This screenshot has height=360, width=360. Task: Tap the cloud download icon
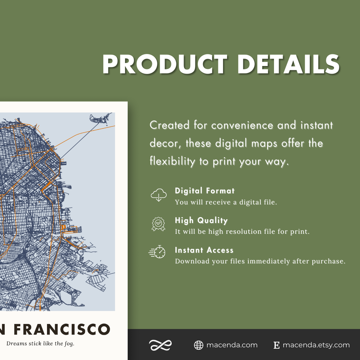click(x=158, y=195)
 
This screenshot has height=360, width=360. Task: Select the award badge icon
click(x=158, y=224)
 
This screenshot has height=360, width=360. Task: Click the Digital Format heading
click(x=205, y=191)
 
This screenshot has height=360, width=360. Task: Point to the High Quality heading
click(x=201, y=221)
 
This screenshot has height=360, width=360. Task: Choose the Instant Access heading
click(x=204, y=250)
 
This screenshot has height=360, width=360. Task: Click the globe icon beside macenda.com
click(x=199, y=345)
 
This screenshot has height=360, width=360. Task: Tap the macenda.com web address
click(x=232, y=345)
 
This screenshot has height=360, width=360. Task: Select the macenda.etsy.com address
click(x=316, y=345)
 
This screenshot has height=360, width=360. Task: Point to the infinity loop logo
click(x=160, y=345)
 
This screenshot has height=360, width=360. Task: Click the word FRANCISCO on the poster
click(x=62, y=329)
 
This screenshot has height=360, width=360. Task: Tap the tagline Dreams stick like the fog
click(x=40, y=344)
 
